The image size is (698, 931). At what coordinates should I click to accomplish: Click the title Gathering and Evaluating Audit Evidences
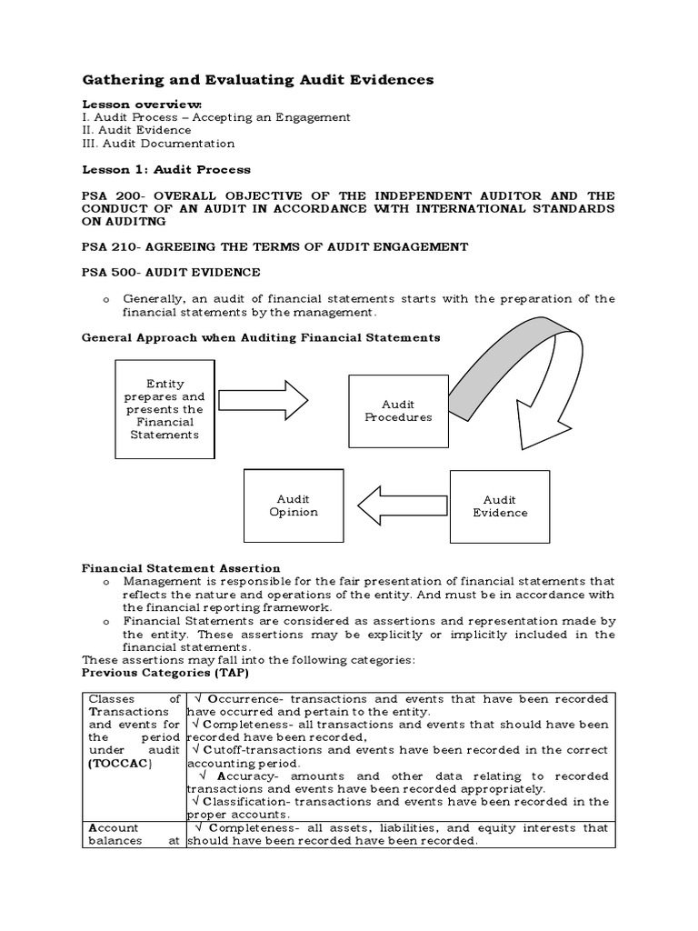(257, 81)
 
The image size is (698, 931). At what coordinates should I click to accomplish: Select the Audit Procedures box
(398, 411)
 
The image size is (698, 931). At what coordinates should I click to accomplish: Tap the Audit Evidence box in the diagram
(500, 506)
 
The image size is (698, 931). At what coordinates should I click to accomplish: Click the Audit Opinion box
(294, 506)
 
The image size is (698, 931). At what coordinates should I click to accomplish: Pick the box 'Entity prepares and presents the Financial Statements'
(165, 409)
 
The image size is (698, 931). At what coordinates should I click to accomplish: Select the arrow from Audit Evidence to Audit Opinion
(402, 506)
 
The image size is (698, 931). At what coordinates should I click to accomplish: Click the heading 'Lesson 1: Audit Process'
(166, 169)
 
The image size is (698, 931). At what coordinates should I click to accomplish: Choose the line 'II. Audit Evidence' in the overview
(136, 130)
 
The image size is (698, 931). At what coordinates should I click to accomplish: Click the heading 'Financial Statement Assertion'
(181, 568)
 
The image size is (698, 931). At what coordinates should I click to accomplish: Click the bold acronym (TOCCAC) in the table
(120, 764)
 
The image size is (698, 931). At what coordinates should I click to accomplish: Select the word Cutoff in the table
(224, 751)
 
